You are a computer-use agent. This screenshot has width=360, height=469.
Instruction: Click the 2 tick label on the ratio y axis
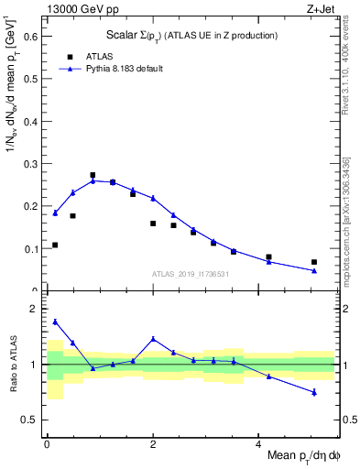(33, 309)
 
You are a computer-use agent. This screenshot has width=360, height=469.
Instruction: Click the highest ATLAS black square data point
(93, 175)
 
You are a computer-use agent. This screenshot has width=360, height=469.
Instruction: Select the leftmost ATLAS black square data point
(55, 245)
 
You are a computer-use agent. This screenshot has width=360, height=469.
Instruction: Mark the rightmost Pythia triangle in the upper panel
(314, 270)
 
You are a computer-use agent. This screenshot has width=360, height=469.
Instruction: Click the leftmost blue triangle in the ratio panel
(55, 322)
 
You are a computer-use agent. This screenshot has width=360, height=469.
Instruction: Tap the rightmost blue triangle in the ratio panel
(314, 392)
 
